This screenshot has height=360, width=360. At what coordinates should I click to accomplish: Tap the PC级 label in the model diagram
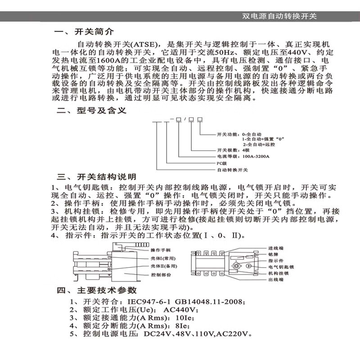pos(223,163)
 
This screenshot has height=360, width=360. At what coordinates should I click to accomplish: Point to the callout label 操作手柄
pos(161,250)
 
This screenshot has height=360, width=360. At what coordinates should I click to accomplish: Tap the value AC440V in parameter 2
pos(181,310)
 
